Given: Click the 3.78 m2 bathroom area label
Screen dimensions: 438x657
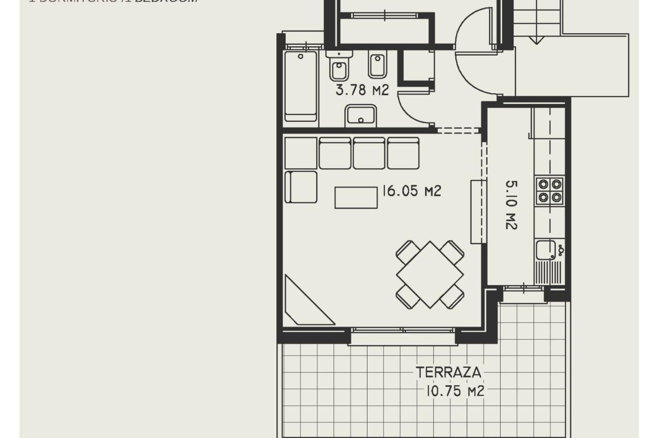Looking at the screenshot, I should click(x=362, y=90).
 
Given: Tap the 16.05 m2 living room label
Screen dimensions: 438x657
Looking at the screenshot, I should click(x=412, y=191).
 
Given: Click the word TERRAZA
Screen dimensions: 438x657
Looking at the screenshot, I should click(x=448, y=372).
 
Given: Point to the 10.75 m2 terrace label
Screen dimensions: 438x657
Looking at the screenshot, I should click(x=455, y=391).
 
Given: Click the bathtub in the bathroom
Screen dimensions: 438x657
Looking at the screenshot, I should click(x=300, y=86).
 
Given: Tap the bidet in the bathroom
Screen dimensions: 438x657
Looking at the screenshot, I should click(x=377, y=65).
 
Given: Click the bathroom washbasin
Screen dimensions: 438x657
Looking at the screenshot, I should click(x=361, y=115).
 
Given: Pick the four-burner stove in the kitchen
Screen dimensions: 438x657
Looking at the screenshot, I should click(x=550, y=191).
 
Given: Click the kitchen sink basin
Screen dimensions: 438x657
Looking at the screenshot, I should click(x=545, y=250).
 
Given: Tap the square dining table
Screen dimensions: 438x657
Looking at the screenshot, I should click(x=430, y=274).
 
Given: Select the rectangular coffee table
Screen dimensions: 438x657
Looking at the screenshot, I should click(x=356, y=197).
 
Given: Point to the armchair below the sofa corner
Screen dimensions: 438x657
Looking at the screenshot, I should click(x=301, y=187).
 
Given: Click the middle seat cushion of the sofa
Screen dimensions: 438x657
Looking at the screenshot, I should click(x=369, y=153).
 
